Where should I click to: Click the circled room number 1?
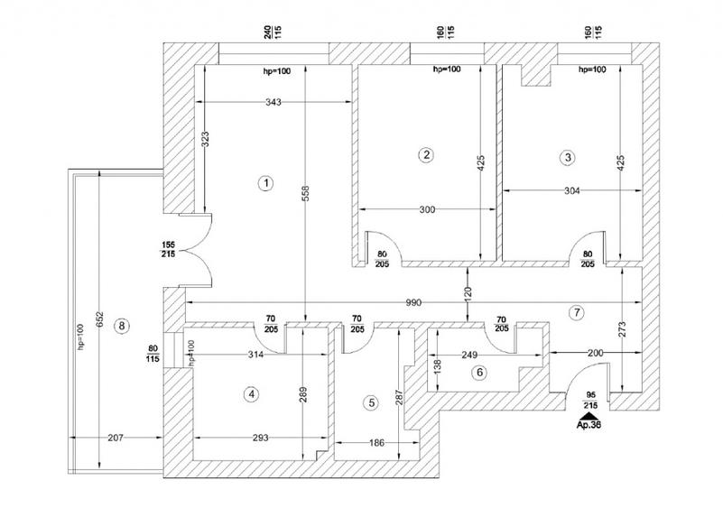pos(265,183)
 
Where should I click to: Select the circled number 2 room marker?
pos(426,154)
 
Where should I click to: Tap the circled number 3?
pos(567,158)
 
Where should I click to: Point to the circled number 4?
pos(253,393)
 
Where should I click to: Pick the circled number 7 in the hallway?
pos(579,312)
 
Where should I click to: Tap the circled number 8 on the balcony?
pos(124,326)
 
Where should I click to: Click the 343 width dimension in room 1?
pos(274,103)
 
